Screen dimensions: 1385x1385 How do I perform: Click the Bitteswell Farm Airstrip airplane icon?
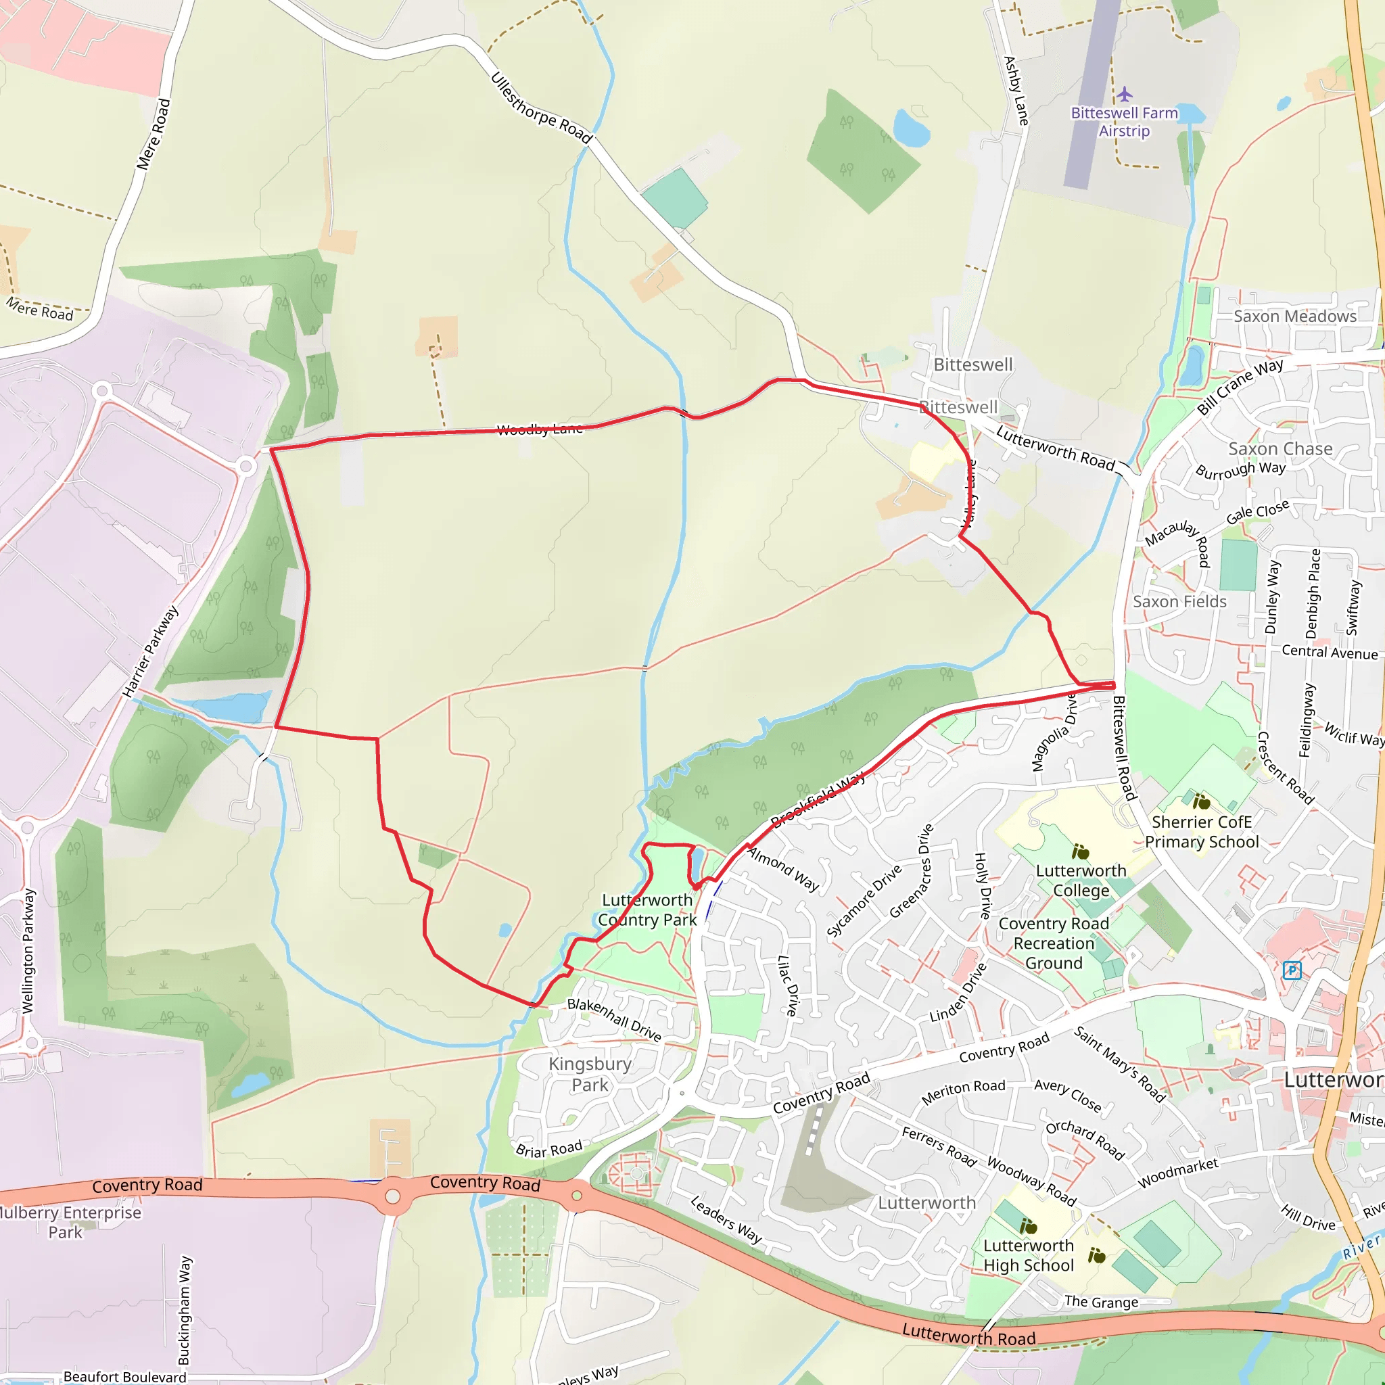pos(1124,94)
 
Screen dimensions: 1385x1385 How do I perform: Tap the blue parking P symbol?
pos(1292,970)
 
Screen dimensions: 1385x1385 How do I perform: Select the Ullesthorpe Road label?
pos(541,108)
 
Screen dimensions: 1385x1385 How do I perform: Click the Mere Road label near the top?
pos(154,135)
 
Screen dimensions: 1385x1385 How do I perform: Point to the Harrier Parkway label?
pos(150,651)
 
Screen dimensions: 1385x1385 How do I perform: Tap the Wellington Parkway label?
pos(28,951)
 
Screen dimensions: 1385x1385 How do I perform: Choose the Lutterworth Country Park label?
pos(647,910)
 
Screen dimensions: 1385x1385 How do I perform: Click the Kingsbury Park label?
pos(590,1074)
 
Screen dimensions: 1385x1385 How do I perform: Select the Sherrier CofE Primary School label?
pos(1202,832)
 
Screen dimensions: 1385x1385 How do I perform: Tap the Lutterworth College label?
pos(1082,881)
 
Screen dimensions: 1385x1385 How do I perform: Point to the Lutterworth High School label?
pos(1029,1255)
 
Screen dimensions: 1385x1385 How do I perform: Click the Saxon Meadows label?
pos(1294,316)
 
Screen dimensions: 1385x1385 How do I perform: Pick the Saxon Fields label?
pos(1179,601)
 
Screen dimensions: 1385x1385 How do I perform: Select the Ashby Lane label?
pos(1016,91)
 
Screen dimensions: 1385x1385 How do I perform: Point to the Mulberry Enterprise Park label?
pos(68,1222)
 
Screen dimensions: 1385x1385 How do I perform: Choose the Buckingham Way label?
pos(184,1310)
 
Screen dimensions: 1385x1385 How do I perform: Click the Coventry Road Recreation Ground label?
pos(1054,943)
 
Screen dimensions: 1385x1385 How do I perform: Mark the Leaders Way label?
pos(726,1219)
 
